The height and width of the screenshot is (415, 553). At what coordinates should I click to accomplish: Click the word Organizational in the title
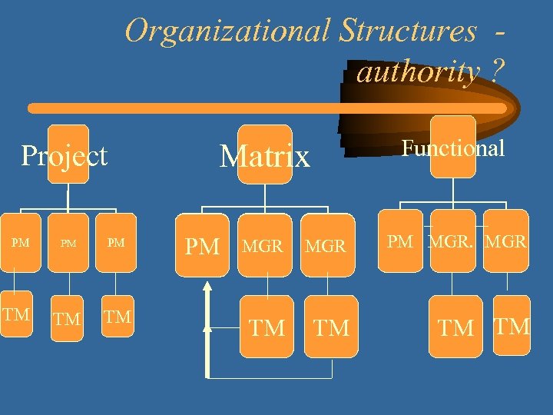(x=228, y=32)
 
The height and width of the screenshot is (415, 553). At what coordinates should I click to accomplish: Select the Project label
(x=65, y=155)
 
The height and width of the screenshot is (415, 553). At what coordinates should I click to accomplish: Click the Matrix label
(x=265, y=157)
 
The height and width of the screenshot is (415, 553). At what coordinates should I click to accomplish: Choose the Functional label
(x=454, y=148)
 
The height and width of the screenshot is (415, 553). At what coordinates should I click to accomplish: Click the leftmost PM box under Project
(x=22, y=244)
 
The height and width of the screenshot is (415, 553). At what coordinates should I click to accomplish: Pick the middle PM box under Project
(x=68, y=244)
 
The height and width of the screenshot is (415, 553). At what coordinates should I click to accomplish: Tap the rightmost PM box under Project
(x=116, y=244)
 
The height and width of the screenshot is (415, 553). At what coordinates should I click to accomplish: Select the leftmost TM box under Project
(x=16, y=315)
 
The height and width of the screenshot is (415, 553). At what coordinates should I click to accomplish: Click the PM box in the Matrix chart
(x=203, y=247)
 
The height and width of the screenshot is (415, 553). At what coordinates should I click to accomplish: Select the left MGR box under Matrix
(x=263, y=247)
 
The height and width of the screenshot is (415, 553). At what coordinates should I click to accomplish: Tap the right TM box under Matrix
(x=331, y=328)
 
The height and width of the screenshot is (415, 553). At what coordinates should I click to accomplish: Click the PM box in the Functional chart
(x=400, y=241)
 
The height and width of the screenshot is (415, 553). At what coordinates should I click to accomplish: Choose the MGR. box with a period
(x=452, y=241)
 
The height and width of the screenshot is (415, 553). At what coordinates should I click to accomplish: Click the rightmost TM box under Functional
(x=512, y=326)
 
